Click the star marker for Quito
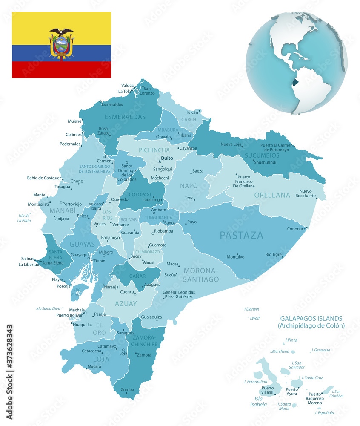click(x=160, y=161)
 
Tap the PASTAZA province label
click(x=241, y=235)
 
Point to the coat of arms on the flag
click(x=61, y=44)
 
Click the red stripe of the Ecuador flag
click(x=61, y=69)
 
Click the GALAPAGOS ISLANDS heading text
click(x=311, y=318)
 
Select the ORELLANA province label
click(x=272, y=195)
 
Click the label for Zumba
click(x=127, y=389)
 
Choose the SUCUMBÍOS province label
click(x=262, y=155)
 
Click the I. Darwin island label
click(x=251, y=309)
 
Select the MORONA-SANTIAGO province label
click(x=201, y=275)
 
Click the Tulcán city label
click(x=192, y=112)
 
